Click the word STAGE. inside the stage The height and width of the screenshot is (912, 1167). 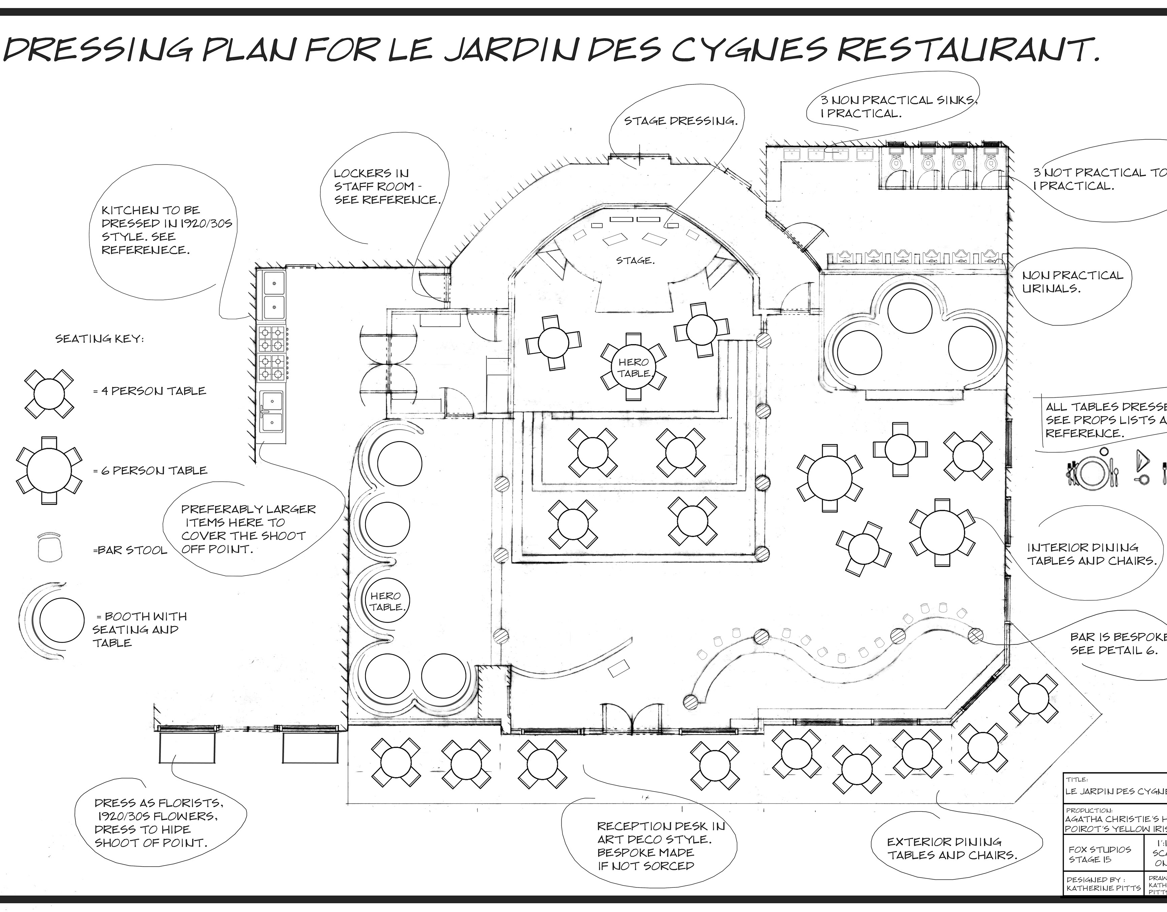click(x=634, y=261)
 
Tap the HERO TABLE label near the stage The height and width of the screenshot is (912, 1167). click(x=634, y=368)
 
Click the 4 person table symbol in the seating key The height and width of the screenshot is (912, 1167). click(x=48, y=394)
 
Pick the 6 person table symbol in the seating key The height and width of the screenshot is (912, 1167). click(x=48, y=471)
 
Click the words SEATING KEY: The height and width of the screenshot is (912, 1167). click(x=99, y=339)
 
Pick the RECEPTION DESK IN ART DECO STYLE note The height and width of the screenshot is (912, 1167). click(x=661, y=846)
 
